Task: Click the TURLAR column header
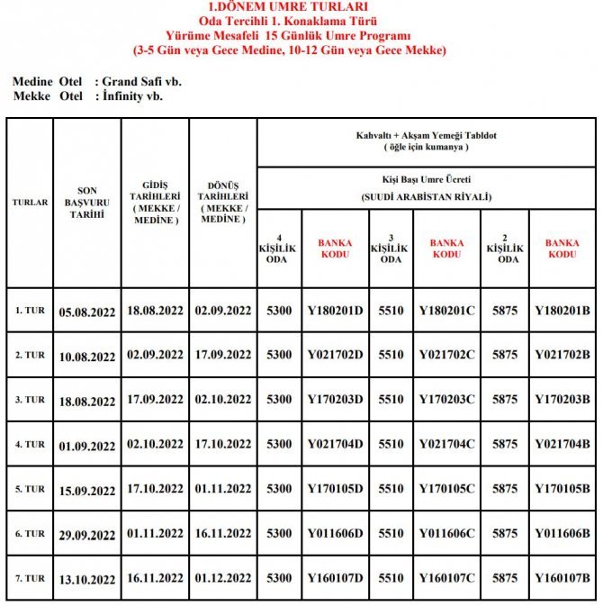[x=30, y=203]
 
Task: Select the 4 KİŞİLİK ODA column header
[x=279, y=249]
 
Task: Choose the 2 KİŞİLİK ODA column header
[x=505, y=249]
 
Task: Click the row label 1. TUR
[x=30, y=311]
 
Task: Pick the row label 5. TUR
[x=30, y=489]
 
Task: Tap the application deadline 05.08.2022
[x=86, y=312]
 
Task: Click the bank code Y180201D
[x=336, y=311]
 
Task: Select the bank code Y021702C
[x=447, y=355]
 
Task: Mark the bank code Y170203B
[x=562, y=399]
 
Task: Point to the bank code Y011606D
[x=336, y=534]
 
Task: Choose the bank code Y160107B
[x=562, y=578]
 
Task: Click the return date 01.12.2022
[x=223, y=578]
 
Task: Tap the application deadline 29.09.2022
[x=86, y=535]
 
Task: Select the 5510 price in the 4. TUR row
[x=391, y=444]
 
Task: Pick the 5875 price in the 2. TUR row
[x=505, y=355]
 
